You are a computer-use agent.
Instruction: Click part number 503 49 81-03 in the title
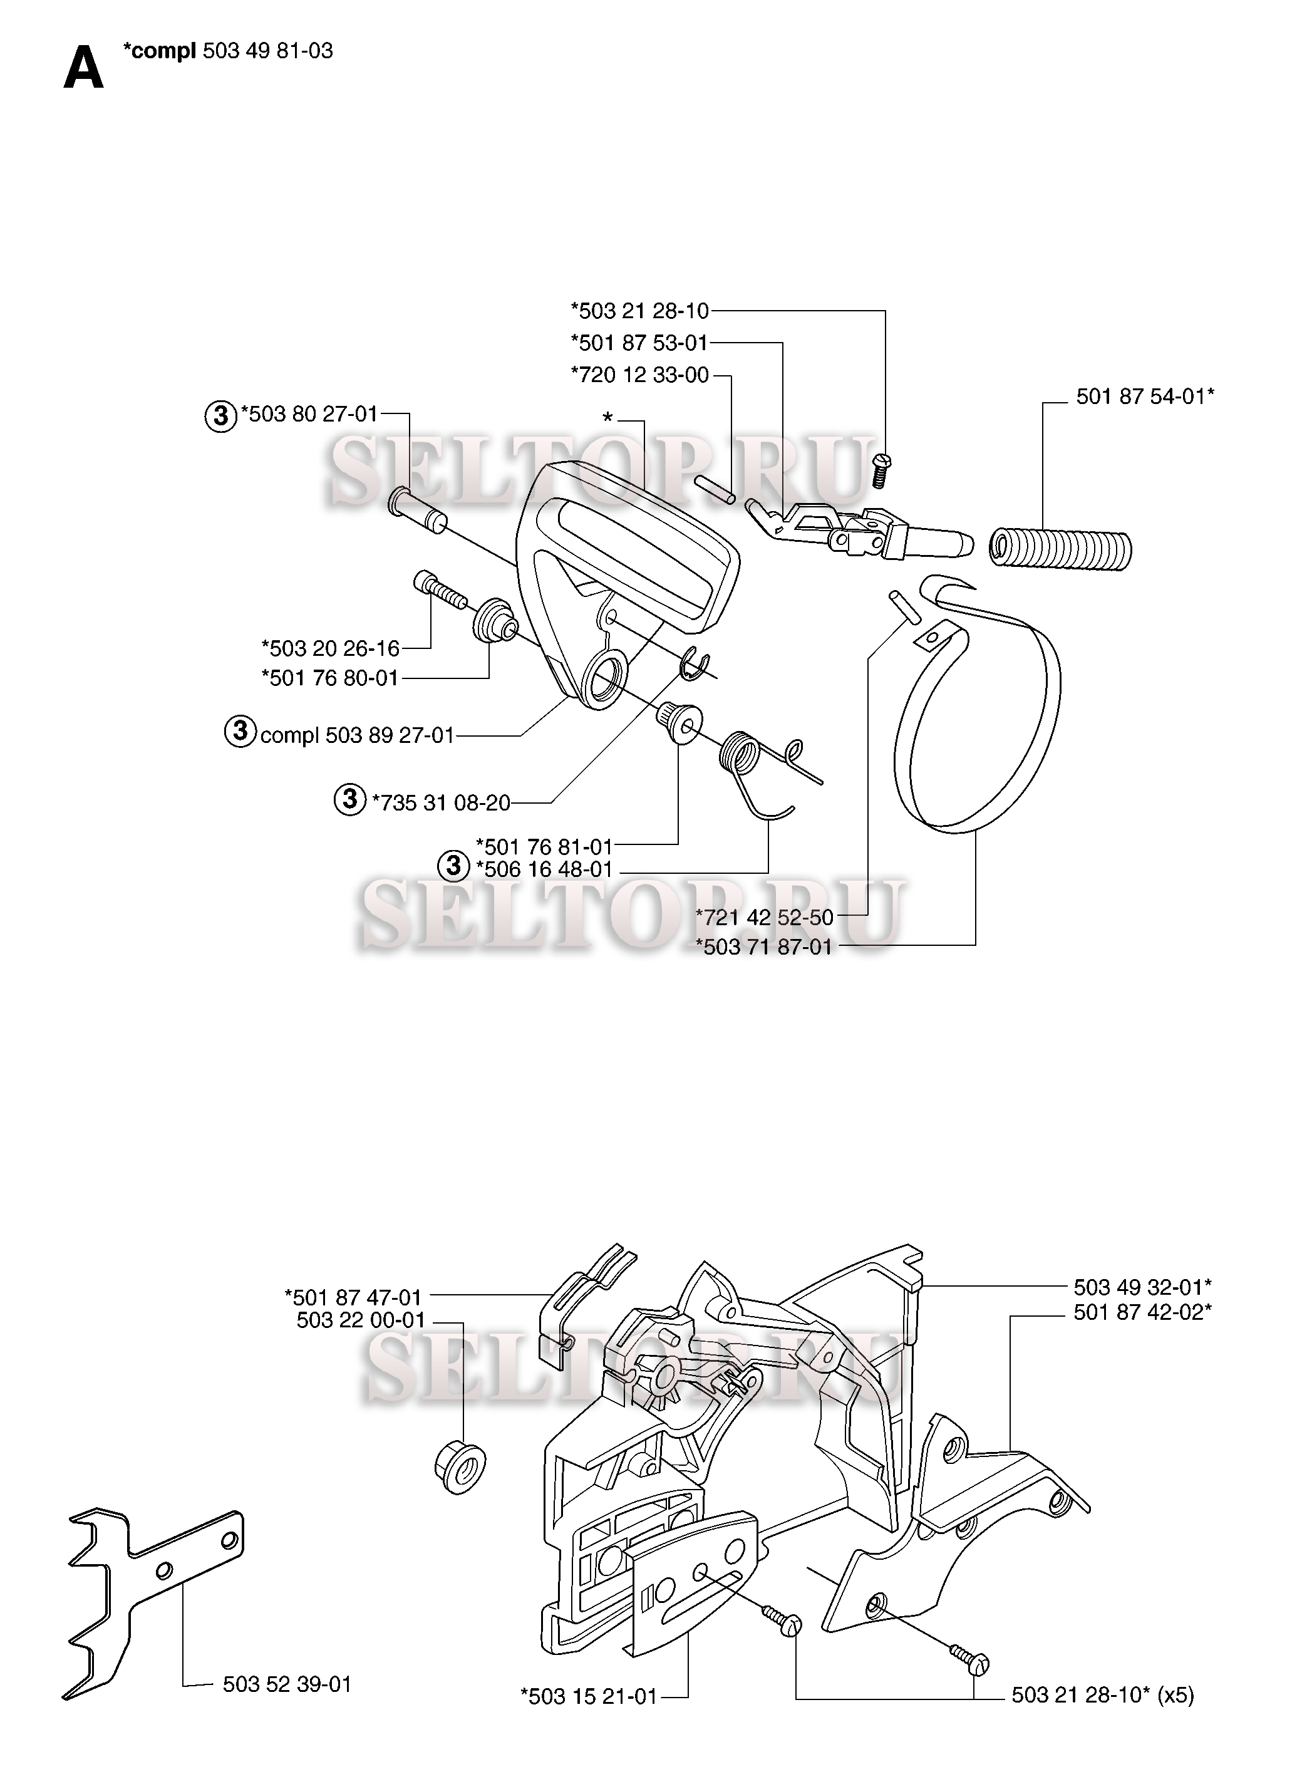[x=268, y=51]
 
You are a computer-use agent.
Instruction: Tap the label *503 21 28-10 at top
[x=640, y=311]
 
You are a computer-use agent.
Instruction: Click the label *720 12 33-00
[x=640, y=375]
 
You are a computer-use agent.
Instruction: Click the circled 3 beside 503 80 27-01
[x=220, y=415]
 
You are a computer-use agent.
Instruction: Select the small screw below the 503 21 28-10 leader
[x=881, y=470]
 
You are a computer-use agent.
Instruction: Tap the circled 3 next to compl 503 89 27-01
[x=240, y=731]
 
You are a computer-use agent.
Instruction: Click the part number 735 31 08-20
[x=446, y=803]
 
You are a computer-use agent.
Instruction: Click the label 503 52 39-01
[x=287, y=1684]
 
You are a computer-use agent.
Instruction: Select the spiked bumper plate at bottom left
[x=153, y=1600]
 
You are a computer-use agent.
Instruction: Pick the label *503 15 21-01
[x=589, y=1696]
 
